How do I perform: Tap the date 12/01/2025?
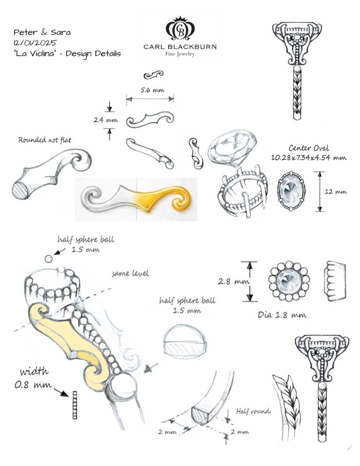pos(36,43)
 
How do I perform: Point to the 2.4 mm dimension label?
pos(105,120)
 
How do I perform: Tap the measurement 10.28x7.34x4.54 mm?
pos(308,158)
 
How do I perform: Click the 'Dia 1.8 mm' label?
pos(282,315)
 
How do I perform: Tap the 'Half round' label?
pos(253,411)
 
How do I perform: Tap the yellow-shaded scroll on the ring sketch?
pos(70,341)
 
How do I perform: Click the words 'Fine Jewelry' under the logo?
pos(180,54)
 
